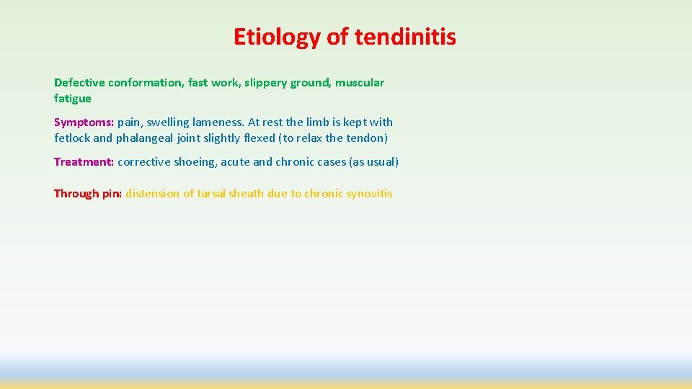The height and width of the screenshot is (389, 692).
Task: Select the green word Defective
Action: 79,83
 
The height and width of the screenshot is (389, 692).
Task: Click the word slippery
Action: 262,83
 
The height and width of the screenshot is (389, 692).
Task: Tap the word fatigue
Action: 72,99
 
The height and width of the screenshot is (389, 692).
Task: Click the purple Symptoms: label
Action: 84,122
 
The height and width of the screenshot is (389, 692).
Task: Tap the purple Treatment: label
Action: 84,162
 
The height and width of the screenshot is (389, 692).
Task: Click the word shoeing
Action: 195,162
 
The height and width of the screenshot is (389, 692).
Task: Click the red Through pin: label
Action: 88,194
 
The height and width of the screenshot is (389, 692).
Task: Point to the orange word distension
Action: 152,194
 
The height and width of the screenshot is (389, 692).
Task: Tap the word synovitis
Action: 369,194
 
